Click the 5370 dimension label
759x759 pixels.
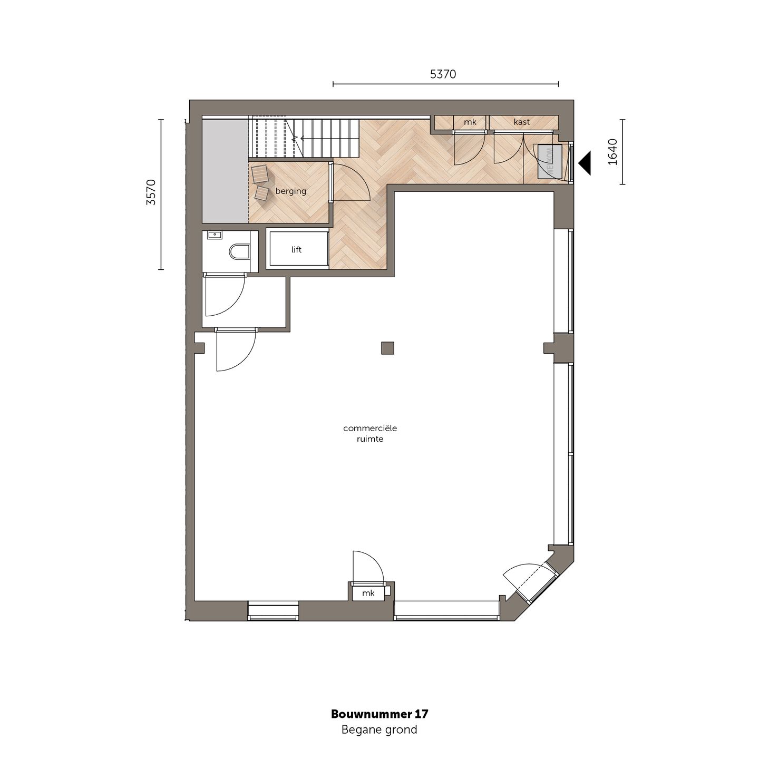pyautogui.click(x=443, y=74)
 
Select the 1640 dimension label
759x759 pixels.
pyautogui.click(x=612, y=152)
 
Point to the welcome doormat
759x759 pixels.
pyautogui.click(x=550, y=162)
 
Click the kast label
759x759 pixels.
pyautogui.click(x=521, y=122)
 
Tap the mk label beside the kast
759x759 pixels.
pyautogui.click(x=470, y=122)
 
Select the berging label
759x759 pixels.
pyautogui.click(x=290, y=191)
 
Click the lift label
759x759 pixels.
pyautogui.click(x=296, y=250)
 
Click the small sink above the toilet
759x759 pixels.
pyautogui.click(x=215, y=235)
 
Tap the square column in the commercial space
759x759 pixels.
pyautogui.click(x=387, y=348)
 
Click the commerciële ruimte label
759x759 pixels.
pyautogui.click(x=369, y=433)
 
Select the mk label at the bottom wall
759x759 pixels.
pyautogui.click(x=368, y=593)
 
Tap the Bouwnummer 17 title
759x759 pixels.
pyautogui.click(x=379, y=714)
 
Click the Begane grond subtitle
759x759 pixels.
pyautogui.click(x=379, y=730)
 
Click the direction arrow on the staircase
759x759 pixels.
pyautogui.click(x=295, y=138)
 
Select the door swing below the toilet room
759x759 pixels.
pyautogui.click(x=225, y=295)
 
